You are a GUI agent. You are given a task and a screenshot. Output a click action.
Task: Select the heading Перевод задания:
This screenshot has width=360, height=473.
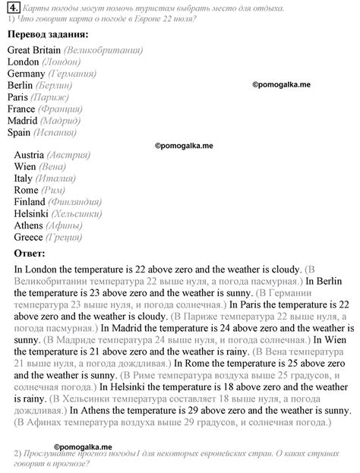point(46,35)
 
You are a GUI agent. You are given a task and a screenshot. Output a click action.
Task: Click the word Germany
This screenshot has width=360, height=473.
point(26,74)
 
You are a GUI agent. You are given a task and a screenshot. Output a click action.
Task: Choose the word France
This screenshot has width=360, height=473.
point(24,109)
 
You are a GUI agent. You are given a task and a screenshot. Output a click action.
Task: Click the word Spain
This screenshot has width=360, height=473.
point(19,132)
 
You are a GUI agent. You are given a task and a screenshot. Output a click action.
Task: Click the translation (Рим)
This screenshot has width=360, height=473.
point(56,190)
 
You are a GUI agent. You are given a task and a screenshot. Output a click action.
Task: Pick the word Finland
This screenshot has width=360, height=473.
point(30,202)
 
